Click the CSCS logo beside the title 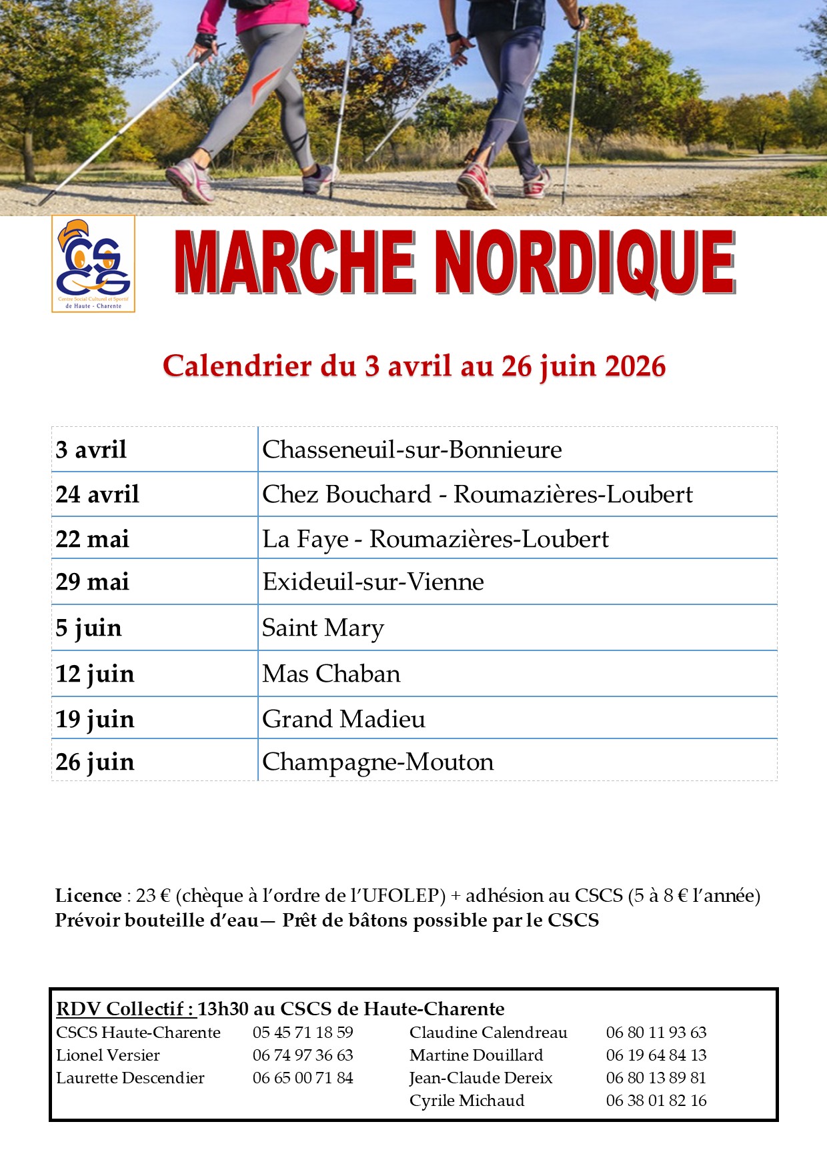click(93, 263)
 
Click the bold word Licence click(88, 895)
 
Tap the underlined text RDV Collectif click(125, 1009)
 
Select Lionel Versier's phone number click(303, 1055)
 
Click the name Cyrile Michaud click(467, 1101)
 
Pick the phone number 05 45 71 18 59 click(303, 1033)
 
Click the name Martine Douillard click(476, 1055)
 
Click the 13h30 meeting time click(223, 1009)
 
